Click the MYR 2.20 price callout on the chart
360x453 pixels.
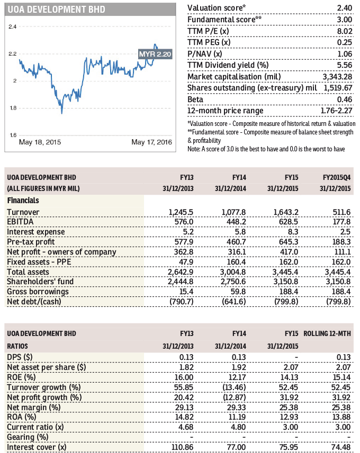(x=155, y=55)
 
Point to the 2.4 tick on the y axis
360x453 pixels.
(x=12, y=26)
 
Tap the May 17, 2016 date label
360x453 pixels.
(x=151, y=142)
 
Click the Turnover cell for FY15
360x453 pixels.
(x=285, y=212)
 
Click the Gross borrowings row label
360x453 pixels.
(x=37, y=292)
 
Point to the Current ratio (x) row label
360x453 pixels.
(x=35, y=428)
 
